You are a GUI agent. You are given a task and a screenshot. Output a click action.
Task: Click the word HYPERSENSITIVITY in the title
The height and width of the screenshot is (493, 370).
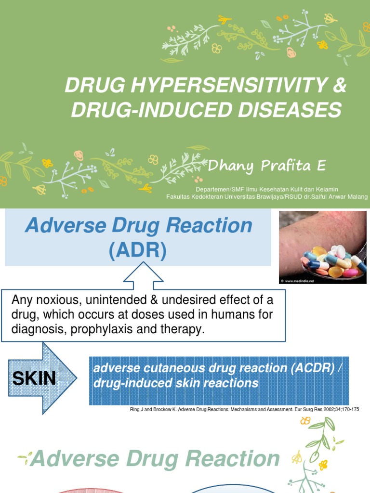[x=215, y=87]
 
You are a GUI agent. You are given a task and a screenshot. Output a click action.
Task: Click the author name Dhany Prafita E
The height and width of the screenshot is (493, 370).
[x=266, y=167]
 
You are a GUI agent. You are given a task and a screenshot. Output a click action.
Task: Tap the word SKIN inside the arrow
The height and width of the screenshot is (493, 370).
[x=34, y=378]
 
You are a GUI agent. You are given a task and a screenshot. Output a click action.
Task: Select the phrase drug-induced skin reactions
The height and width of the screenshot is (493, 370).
[x=176, y=384]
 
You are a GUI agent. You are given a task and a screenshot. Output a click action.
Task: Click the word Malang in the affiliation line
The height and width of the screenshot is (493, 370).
[x=357, y=196]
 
